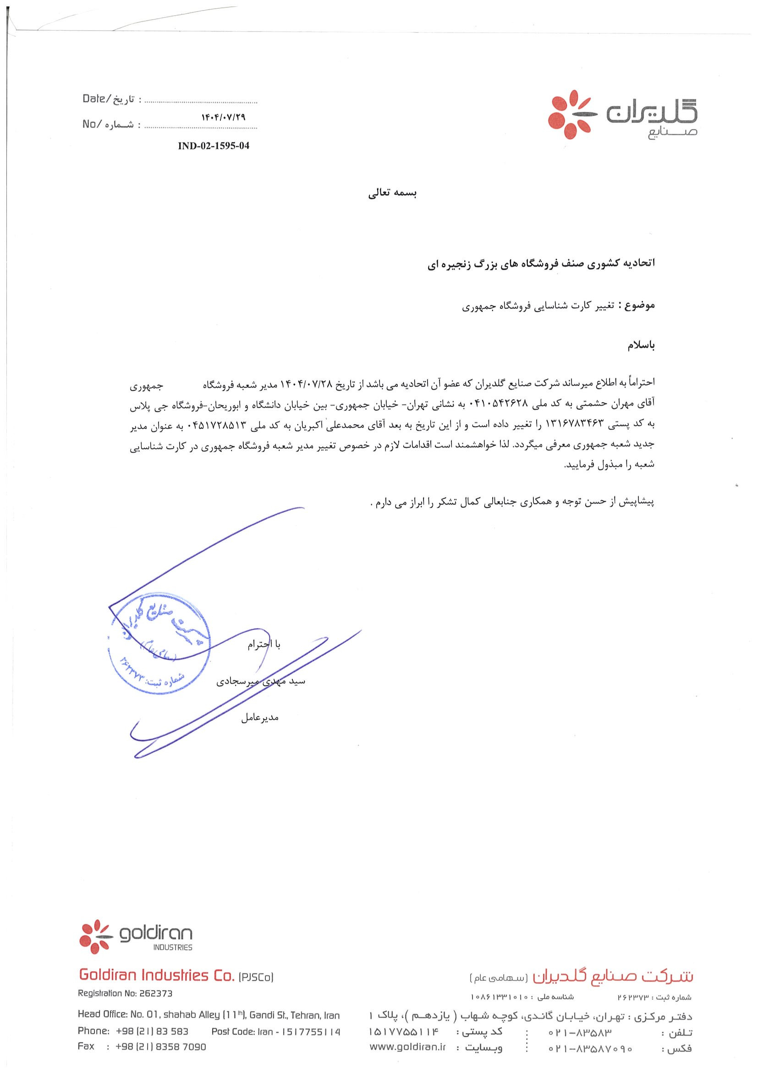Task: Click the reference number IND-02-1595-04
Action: (214, 146)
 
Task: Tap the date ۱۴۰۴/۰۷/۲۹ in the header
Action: (223, 118)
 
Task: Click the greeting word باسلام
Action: (641, 345)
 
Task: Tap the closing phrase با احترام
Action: (264, 644)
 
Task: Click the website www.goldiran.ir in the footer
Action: (407, 1048)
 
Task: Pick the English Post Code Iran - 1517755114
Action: (275, 1031)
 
